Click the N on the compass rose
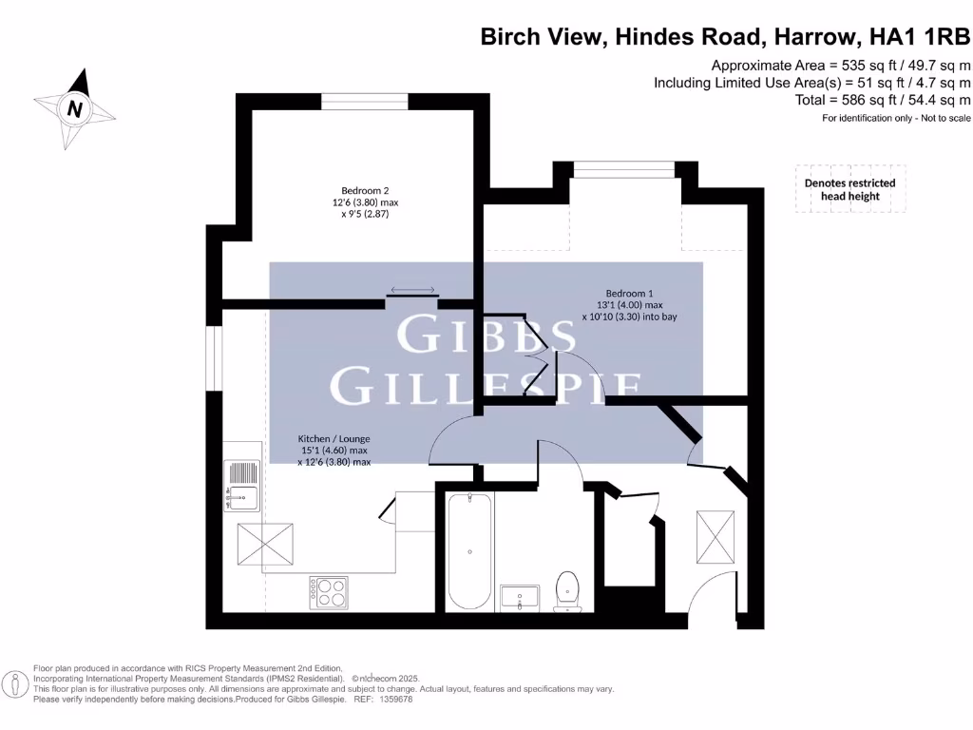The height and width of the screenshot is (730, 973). [x=74, y=108]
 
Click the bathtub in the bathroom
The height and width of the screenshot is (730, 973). [x=469, y=551]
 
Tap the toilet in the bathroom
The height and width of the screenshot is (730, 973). [x=567, y=588]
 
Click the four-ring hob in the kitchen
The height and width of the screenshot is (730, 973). [x=328, y=592]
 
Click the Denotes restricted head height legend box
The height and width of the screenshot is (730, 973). [x=849, y=189]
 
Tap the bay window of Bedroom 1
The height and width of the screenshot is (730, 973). [x=623, y=169]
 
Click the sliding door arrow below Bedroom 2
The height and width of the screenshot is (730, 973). [x=411, y=291]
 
